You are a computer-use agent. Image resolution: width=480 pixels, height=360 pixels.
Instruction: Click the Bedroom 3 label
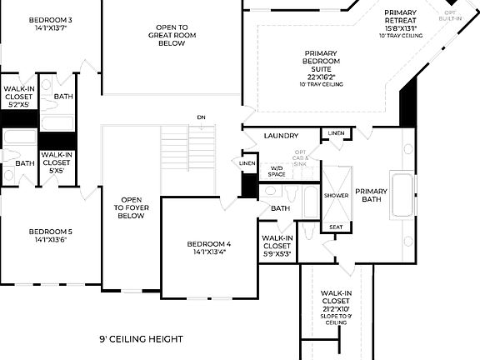tap(50, 23)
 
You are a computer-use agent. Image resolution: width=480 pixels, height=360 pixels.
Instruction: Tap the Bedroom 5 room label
tap(50, 235)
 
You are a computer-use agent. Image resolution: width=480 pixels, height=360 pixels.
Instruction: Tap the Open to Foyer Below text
tap(132, 207)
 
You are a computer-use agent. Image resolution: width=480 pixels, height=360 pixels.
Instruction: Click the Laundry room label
tap(281, 136)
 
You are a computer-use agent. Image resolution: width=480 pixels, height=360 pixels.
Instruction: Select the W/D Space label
tap(277, 171)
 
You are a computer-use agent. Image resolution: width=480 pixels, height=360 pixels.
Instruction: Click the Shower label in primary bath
tap(337, 195)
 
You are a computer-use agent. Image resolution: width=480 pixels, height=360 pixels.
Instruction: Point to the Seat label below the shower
tap(336, 227)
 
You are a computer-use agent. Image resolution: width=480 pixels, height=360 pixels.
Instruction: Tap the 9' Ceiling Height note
tap(141, 339)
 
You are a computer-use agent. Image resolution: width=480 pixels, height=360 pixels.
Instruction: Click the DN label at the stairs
tap(201, 117)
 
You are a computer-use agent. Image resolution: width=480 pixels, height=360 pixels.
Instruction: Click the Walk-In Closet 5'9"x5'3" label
tap(277, 246)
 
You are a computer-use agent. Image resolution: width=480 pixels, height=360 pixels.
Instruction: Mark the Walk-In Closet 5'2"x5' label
tap(18, 96)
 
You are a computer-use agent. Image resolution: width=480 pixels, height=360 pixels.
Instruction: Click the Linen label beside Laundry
tap(336, 133)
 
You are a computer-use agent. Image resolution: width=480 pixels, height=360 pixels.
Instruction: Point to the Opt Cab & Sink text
tap(300, 157)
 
